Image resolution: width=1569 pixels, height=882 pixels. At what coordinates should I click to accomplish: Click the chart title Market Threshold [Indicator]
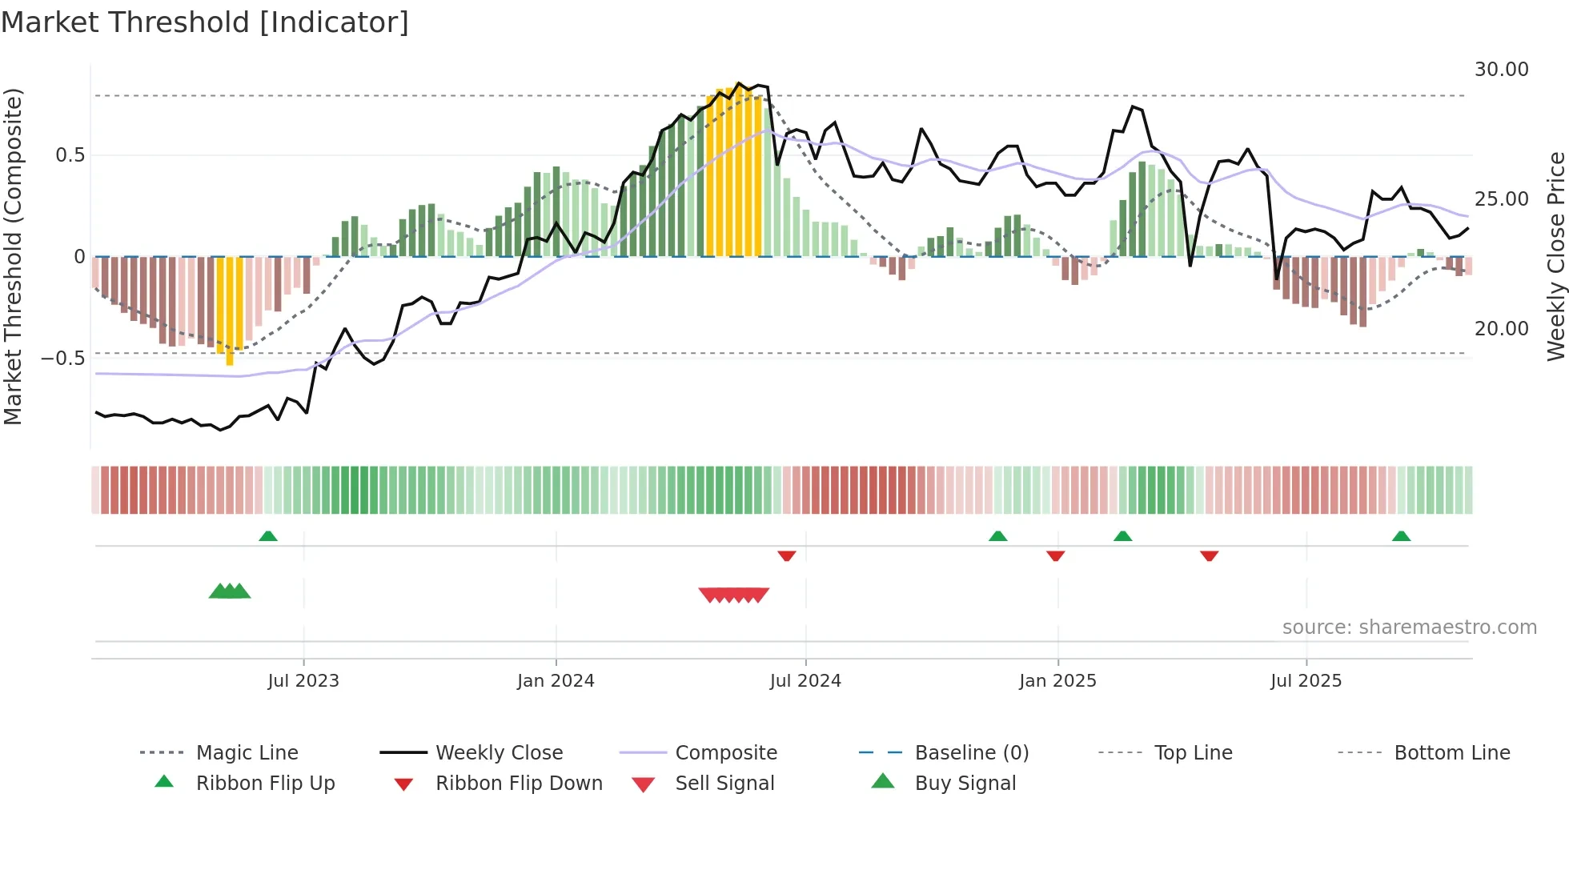pyautogui.click(x=205, y=22)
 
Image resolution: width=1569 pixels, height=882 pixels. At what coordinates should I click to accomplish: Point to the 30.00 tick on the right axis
pyautogui.click(x=1501, y=70)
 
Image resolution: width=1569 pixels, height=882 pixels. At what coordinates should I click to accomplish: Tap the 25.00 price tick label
pyautogui.click(x=1501, y=199)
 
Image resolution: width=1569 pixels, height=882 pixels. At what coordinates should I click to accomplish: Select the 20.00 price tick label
pyautogui.click(x=1501, y=329)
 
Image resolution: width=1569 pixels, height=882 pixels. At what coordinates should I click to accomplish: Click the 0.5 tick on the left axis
pyautogui.click(x=70, y=155)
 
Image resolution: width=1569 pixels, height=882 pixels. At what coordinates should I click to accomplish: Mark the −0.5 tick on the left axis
pyautogui.click(x=62, y=358)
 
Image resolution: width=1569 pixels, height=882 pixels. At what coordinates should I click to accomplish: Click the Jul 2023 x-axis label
pyautogui.click(x=303, y=681)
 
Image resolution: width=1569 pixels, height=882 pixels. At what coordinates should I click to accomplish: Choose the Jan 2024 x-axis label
pyautogui.click(x=556, y=681)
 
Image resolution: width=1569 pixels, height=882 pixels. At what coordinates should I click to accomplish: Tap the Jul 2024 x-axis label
pyautogui.click(x=805, y=681)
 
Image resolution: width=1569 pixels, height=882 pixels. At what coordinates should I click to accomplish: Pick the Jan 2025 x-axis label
pyautogui.click(x=1057, y=681)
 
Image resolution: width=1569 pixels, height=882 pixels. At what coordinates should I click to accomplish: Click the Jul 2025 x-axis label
pyautogui.click(x=1306, y=681)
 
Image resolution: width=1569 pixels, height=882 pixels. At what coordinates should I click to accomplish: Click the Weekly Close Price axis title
pyautogui.click(x=1555, y=256)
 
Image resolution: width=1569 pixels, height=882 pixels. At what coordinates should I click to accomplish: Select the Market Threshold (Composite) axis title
pyautogui.click(x=13, y=256)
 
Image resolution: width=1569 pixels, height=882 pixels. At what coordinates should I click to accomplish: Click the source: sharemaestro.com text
pyautogui.click(x=1409, y=627)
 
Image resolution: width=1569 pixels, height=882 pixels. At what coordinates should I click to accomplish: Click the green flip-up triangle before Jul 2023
pyautogui.click(x=268, y=536)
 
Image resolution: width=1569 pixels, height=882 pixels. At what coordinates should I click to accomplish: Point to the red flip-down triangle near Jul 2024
pyautogui.click(x=787, y=555)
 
